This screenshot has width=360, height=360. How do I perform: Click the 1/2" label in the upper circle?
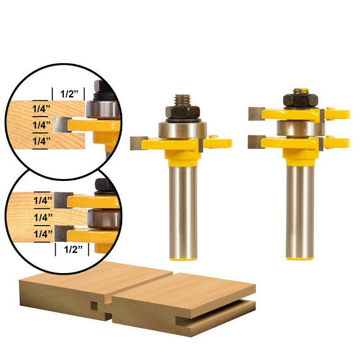69,94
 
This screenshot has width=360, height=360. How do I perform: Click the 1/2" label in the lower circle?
73,249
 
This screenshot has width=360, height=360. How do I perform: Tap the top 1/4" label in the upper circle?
41,108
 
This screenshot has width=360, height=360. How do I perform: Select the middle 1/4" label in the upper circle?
41,125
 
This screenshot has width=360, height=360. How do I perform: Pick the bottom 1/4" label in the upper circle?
41,141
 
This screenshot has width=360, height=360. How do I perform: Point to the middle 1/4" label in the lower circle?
43,217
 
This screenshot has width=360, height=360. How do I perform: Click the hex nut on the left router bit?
182,112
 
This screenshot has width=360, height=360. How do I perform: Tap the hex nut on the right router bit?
300,100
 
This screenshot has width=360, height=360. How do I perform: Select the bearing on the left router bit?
182,130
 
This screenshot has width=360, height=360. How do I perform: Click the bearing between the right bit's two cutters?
301,129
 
